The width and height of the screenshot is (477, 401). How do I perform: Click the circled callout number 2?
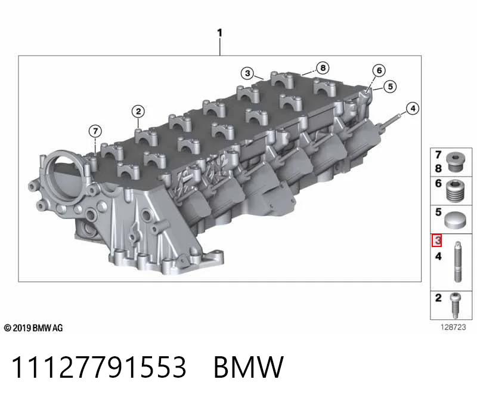tap(138, 112)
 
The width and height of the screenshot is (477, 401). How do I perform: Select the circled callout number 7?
tap(95, 131)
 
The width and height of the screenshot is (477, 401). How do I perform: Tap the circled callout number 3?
tap(247, 73)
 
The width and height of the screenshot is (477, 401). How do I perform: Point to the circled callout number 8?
tap(323, 67)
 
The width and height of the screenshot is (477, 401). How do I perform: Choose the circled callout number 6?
tap(379, 70)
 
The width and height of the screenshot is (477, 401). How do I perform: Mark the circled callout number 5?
tap(391, 87)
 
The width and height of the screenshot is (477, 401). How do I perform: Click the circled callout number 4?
tap(413, 109)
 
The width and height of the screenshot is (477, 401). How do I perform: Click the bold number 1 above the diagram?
tap(219, 33)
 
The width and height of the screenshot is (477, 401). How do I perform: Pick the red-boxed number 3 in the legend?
tap(437, 240)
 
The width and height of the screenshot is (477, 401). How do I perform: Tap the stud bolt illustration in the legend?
tap(458, 261)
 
